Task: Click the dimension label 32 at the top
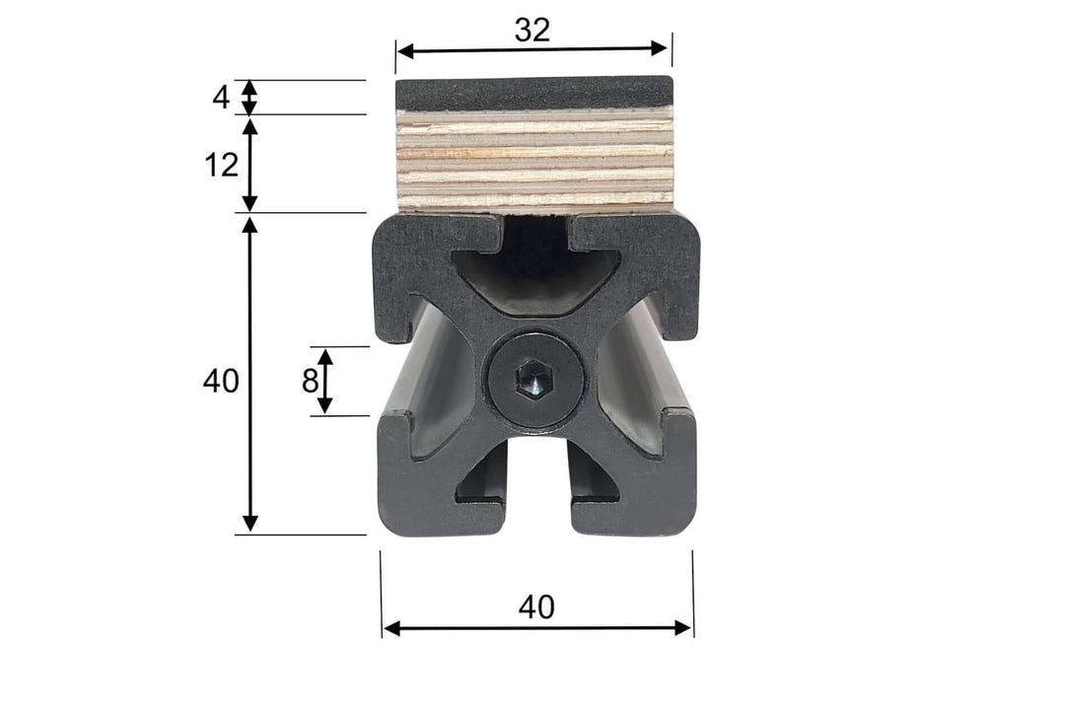[x=532, y=31]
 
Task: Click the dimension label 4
[x=221, y=98]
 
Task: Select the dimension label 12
[x=222, y=165]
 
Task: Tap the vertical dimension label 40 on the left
[x=221, y=381]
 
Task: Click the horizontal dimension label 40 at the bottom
[x=536, y=607]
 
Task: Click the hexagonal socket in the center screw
[x=533, y=379]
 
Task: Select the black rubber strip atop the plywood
[x=533, y=94]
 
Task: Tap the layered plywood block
[x=533, y=160]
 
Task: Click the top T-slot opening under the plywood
[x=535, y=237]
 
